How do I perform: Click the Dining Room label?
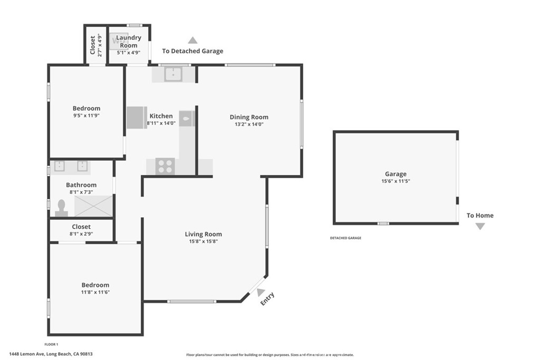click(x=249, y=117)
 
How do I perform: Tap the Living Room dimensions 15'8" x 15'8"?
click(x=203, y=241)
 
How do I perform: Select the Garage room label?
click(x=396, y=174)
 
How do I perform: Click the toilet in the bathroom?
click(x=62, y=208)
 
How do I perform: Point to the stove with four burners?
click(x=165, y=166)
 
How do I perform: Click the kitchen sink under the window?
click(x=173, y=74)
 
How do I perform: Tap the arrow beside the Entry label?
click(x=261, y=292)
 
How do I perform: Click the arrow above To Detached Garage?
click(x=192, y=40)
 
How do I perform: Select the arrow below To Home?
click(x=480, y=226)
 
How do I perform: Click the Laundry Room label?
click(x=129, y=41)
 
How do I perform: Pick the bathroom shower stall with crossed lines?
click(x=94, y=206)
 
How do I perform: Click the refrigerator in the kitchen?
click(x=137, y=118)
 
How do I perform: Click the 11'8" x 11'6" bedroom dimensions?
click(x=95, y=292)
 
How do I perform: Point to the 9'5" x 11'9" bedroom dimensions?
click(x=86, y=115)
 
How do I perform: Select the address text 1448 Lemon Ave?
click(x=26, y=354)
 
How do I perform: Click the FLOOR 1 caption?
click(x=51, y=344)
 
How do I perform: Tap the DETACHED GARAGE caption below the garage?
click(x=346, y=238)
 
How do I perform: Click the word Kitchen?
click(x=161, y=116)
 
